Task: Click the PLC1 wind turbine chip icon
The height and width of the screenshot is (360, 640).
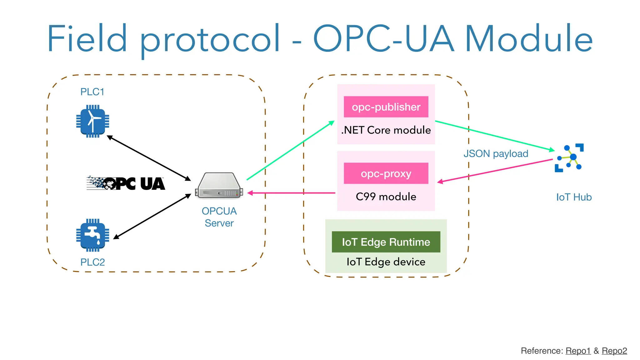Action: tap(92, 121)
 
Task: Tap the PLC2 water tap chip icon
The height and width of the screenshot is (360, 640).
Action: tap(92, 235)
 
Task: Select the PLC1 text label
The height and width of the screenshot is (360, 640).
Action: tap(92, 92)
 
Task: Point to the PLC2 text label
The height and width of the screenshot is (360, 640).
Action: tap(92, 262)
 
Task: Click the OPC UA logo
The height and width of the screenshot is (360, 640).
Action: tap(126, 183)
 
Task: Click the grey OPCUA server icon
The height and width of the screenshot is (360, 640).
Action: tap(219, 185)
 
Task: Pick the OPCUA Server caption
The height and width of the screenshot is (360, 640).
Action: tap(219, 217)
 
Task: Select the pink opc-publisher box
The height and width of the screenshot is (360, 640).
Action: tap(386, 107)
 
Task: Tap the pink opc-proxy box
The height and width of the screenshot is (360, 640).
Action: tap(386, 173)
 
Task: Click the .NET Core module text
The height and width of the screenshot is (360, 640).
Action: tap(386, 130)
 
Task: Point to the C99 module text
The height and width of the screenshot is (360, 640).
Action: tap(386, 197)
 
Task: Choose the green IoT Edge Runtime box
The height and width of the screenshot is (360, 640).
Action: tap(386, 242)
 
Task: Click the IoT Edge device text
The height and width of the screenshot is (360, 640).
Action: tap(386, 262)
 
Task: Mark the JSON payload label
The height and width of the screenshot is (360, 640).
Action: tap(496, 154)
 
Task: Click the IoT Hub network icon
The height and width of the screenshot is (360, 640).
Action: tap(569, 158)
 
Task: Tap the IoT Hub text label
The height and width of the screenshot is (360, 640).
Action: tap(574, 197)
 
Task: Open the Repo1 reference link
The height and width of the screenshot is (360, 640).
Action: tap(578, 351)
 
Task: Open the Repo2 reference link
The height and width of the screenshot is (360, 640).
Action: tap(614, 351)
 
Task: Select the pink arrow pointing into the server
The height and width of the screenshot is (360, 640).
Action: tap(291, 193)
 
